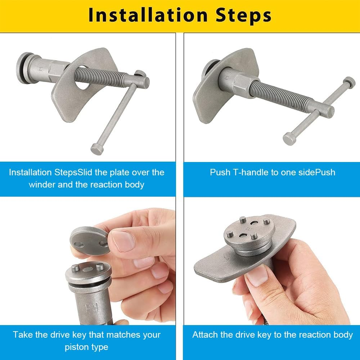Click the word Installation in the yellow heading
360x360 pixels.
click(x=148, y=15)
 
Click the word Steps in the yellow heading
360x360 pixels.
click(x=243, y=15)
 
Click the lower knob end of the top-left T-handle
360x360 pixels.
click(x=97, y=149)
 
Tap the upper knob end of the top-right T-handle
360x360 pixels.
click(x=349, y=82)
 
